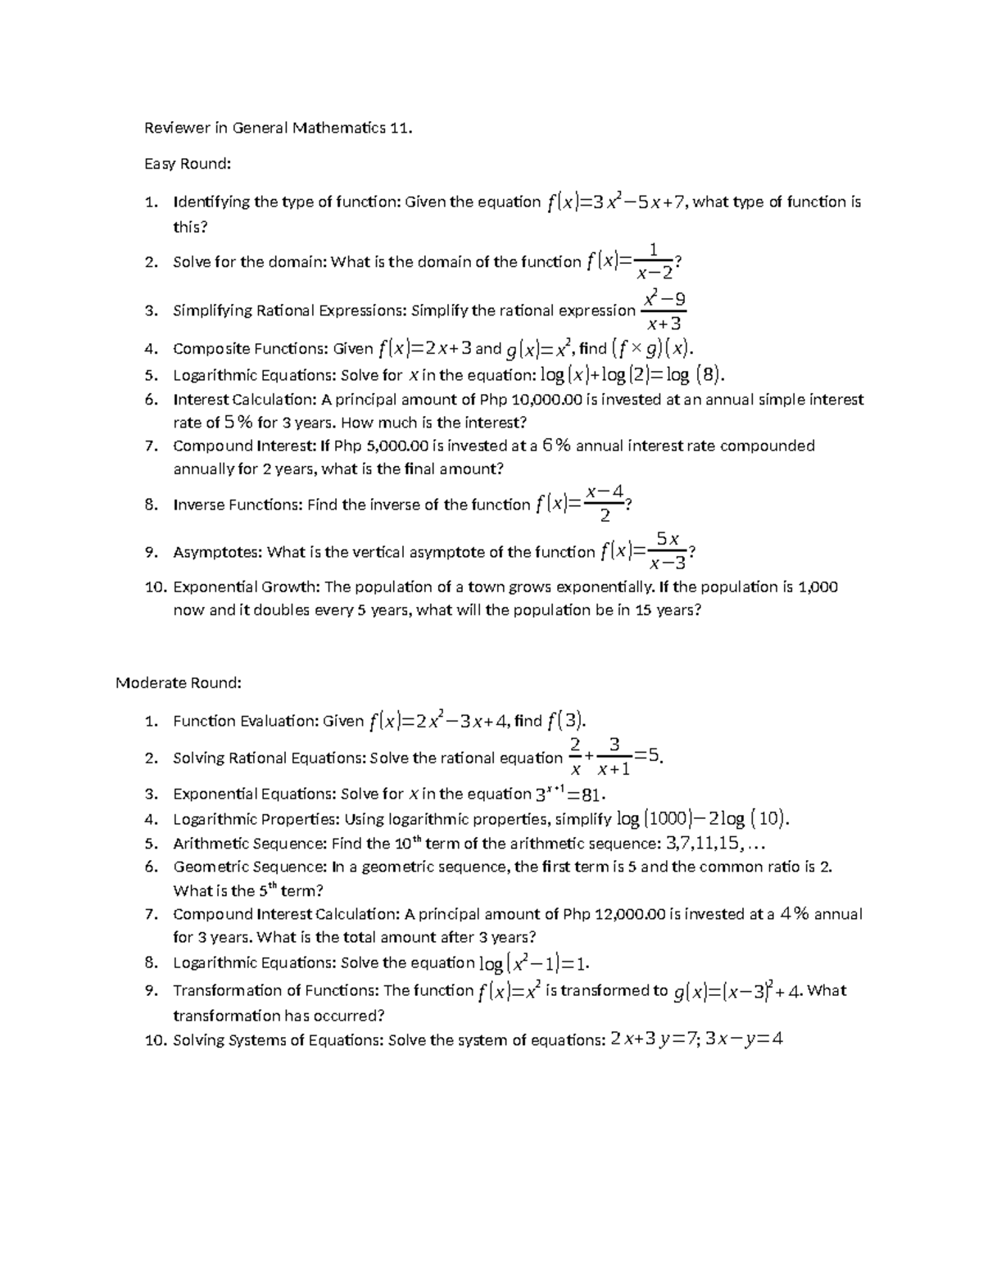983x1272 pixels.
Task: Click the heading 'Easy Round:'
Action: click(188, 164)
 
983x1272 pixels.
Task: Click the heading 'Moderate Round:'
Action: click(179, 682)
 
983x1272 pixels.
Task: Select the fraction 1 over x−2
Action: click(653, 262)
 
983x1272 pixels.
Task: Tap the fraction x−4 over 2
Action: click(605, 504)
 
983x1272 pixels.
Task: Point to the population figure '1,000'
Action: click(818, 586)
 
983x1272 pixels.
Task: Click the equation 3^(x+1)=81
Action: click(570, 794)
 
